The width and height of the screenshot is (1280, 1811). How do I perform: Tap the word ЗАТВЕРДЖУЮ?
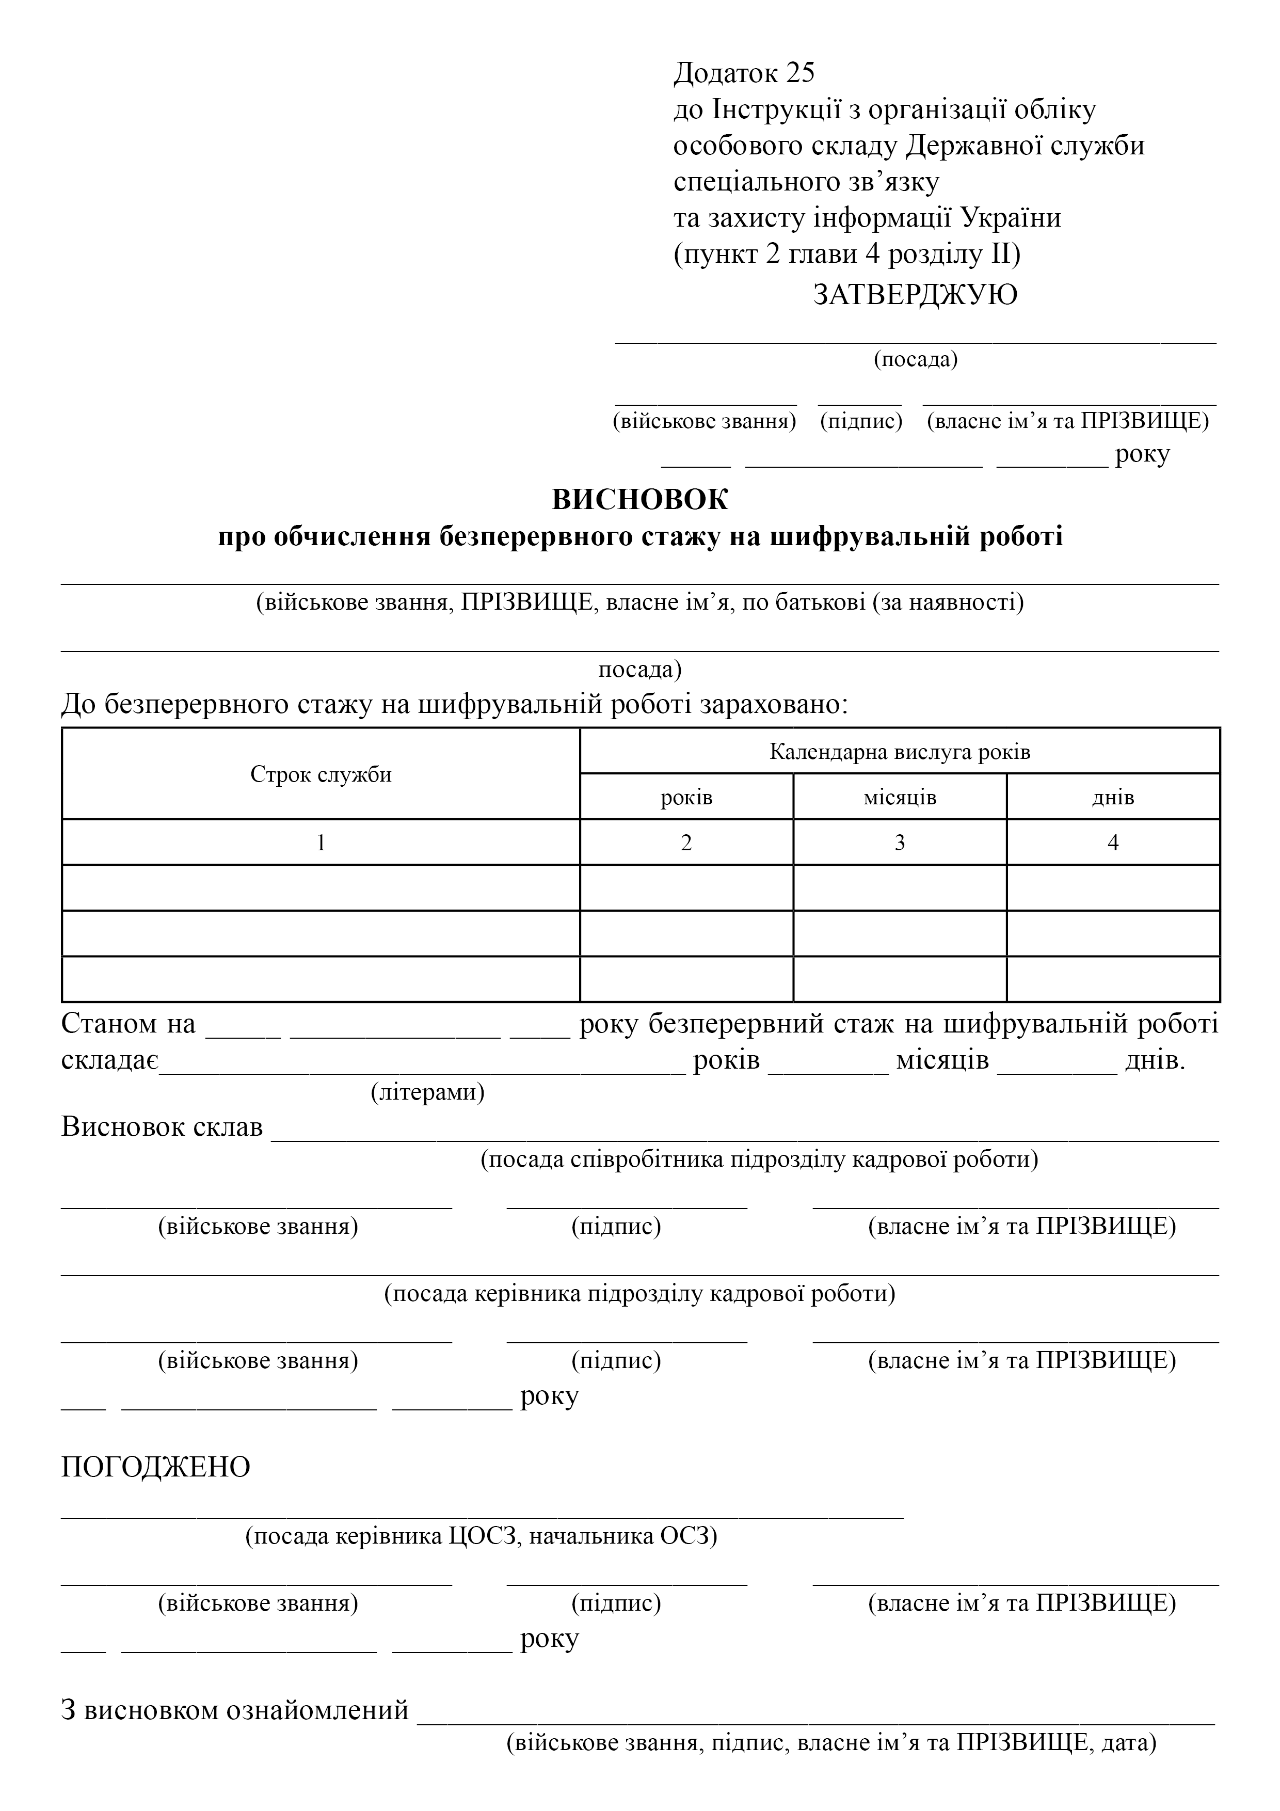click(x=915, y=295)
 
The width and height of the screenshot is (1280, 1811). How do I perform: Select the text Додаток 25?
click(x=744, y=73)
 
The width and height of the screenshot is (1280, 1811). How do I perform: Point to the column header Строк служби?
click(x=321, y=774)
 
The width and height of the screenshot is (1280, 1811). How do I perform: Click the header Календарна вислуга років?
click(x=900, y=752)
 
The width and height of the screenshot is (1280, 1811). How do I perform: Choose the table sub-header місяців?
click(x=900, y=798)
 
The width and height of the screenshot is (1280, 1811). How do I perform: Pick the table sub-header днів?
click(x=1113, y=798)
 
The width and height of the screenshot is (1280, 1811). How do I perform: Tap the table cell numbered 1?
click(x=321, y=843)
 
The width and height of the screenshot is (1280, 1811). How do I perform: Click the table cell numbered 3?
click(x=900, y=843)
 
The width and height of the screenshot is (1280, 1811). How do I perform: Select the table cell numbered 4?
click(x=1113, y=843)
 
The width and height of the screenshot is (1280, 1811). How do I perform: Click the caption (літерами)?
click(x=427, y=1092)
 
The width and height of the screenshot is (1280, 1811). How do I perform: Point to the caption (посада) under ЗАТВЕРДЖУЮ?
click(x=915, y=360)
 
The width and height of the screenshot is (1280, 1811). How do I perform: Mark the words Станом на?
click(x=129, y=1024)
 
